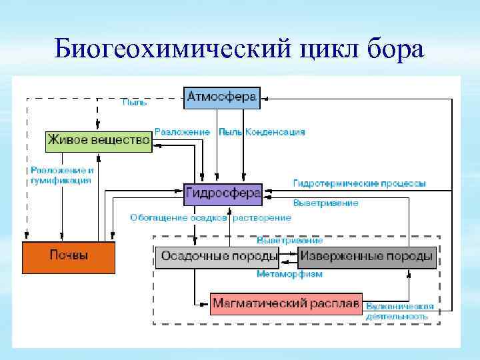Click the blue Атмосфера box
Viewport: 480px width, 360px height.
[221, 97]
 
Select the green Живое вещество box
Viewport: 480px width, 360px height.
[99, 141]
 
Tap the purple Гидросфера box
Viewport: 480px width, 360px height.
[223, 193]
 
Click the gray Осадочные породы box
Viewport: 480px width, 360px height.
[219, 256]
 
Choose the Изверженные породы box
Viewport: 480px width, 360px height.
[367, 256]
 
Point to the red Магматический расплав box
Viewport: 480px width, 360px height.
[286, 303]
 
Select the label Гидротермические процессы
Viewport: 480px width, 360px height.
[359, 183]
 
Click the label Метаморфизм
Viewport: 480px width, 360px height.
[289, 274]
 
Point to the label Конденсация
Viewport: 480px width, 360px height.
[275, 132]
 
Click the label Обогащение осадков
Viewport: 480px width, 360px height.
[179, 218]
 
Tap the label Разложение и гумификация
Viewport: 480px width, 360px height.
[62, 175]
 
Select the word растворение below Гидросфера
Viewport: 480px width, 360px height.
[261, 218]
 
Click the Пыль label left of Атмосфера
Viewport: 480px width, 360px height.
[134, 103]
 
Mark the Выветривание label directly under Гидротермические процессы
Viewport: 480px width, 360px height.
[325, 203]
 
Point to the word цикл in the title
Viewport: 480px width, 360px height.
[327, 49]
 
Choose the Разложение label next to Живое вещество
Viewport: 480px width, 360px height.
[182, 132]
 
